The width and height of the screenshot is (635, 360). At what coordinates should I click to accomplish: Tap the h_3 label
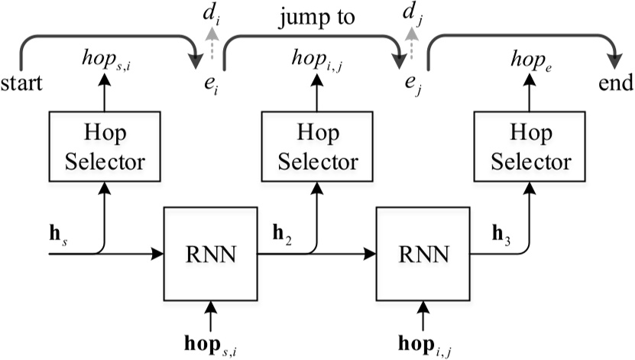tap(497, 230)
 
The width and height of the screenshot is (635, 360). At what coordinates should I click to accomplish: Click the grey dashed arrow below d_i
tap(212, 40)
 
